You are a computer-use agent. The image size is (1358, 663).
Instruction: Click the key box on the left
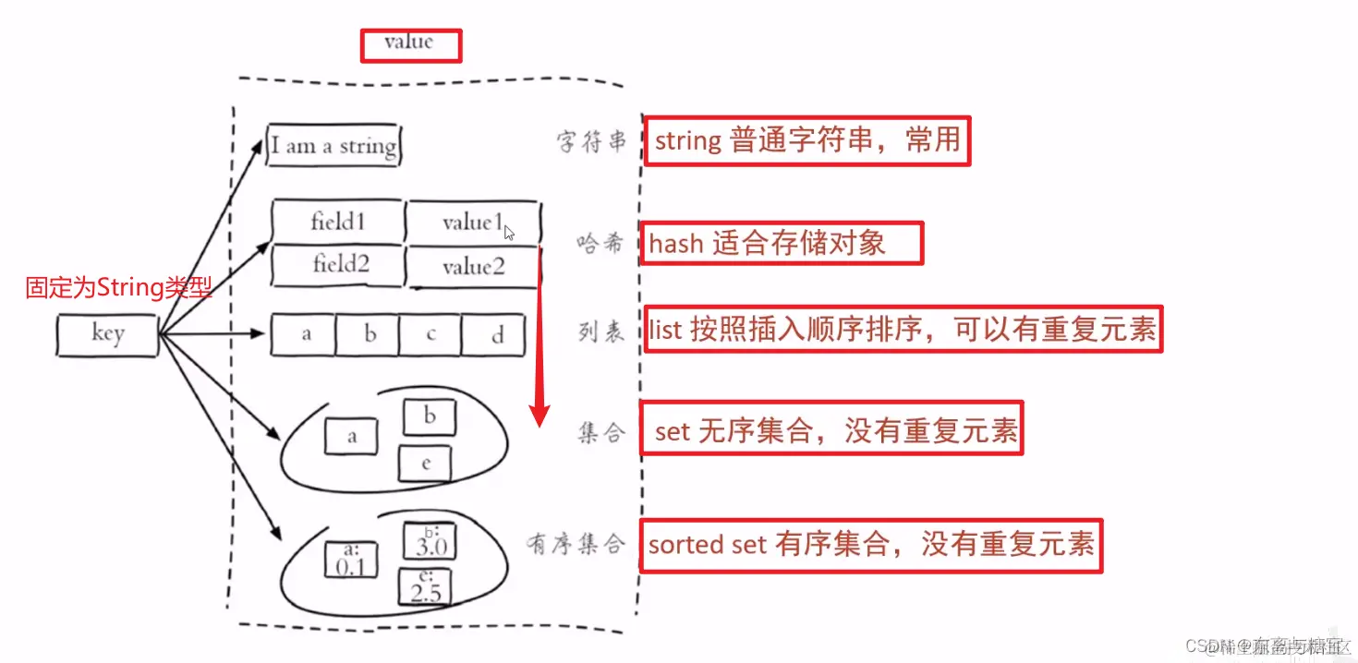tap(106, 334)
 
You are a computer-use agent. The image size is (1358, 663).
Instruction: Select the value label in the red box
tap(410, 44)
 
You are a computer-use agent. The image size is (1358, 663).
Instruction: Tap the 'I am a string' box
tap(333, 146)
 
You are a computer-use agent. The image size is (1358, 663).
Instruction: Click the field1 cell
tap(338, 223)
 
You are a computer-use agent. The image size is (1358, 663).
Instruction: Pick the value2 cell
tap(472, 268)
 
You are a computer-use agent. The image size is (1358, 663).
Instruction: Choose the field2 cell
tap(339, 266)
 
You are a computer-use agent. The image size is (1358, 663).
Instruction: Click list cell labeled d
tap(495, 335)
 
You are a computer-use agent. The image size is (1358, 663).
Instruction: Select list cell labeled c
tap(430, 335)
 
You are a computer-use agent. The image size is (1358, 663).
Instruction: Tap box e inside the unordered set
tap(425, 464)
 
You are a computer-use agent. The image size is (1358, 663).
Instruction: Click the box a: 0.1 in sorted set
tap(351, 560)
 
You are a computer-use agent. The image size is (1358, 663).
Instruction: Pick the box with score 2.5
tap(425, 587)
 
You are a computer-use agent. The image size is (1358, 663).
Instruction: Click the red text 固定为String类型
tap(118, 288)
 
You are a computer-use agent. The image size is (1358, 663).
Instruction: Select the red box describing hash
tap(781, 244)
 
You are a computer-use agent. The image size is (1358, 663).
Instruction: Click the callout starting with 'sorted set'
tap(870, 545)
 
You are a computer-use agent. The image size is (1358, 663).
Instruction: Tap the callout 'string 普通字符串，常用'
tap(806, 141)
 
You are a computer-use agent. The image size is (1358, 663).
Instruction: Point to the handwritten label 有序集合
tap(576, 545)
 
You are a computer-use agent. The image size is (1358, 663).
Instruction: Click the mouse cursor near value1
tap(509, 233)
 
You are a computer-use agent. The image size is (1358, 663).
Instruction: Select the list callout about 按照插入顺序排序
tap(902, 330)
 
